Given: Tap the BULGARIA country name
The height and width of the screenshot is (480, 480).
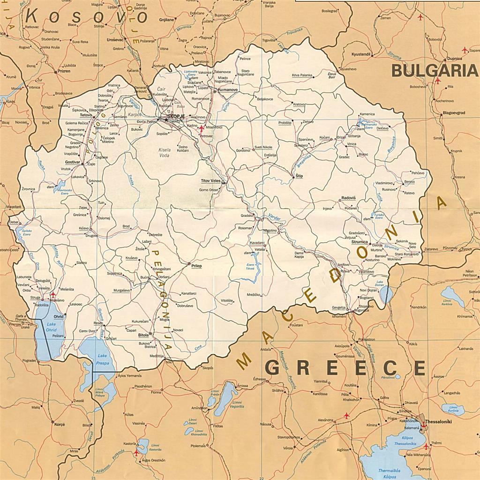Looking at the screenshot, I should pos(434,71).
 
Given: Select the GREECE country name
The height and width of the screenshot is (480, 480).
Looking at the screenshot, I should pos(345,368).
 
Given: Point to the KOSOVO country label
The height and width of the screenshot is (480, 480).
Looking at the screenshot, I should pos(86,17).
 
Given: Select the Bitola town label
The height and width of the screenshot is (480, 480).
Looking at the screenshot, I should pos(143,335).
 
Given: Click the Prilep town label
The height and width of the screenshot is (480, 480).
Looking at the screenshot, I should pos(196,266).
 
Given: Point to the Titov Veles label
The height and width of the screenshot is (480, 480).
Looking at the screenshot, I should pos(210,180).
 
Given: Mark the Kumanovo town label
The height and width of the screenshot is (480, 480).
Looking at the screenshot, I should pos(227,89).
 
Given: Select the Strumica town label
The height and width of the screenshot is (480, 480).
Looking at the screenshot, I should pos(360,242).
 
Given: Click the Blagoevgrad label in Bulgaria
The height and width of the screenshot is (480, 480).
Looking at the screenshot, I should pos(454,113).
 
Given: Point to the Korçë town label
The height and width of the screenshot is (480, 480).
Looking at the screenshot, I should pos(60,424).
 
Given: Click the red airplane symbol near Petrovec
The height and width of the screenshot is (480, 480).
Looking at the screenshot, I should pos(202,128).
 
